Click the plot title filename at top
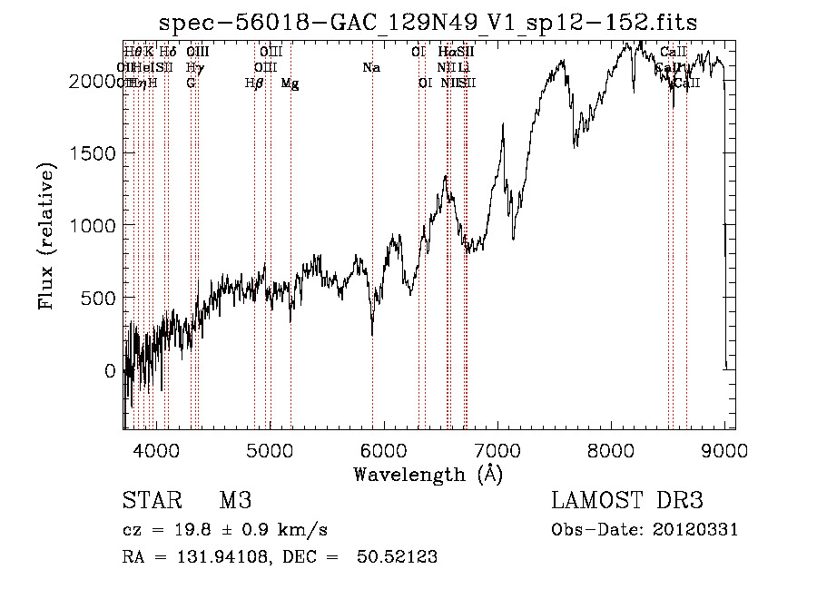pos(428,23)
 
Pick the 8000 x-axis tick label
pos(610,449)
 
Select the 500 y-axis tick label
pos(101,298)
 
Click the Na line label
pos(370,67)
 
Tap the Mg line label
pos(290,83)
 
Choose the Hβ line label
pos(254,83)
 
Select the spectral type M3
pos(235,501)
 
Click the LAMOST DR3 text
pos(627,501)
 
